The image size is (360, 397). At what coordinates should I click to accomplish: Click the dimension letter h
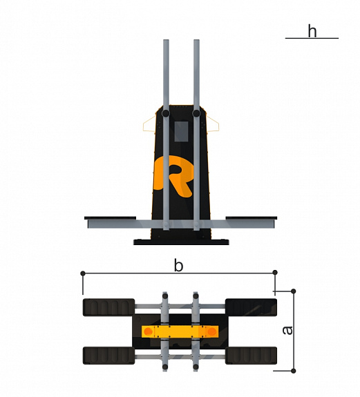(x=312, y=31)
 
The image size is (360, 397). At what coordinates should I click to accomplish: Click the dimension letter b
(x=178, y=266)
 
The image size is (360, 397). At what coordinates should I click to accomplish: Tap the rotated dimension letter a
(x=287, y=331)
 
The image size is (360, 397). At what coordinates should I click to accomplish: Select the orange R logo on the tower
(x=174, y=176)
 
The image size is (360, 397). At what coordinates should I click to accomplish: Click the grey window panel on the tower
(x=182, y=131)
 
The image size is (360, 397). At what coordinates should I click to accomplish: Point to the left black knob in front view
(x=166, y=113)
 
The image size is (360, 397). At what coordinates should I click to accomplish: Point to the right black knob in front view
(x=196, y=113)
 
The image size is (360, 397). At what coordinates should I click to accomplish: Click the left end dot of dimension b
(x=83, y=273)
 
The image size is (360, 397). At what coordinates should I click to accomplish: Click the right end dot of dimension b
(x=275, y=273)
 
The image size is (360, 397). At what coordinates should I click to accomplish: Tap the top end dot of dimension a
(x=294, y=291)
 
